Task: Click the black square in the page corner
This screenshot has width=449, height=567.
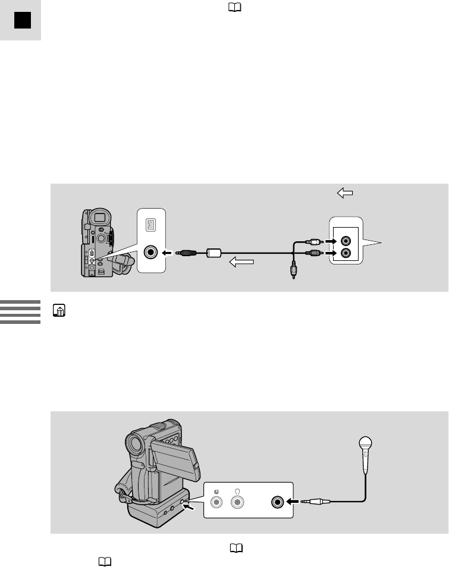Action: coord(23,21)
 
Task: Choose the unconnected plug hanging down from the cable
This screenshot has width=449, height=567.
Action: coord(293,271)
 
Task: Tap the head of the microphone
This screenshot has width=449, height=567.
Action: coord(365,443)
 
